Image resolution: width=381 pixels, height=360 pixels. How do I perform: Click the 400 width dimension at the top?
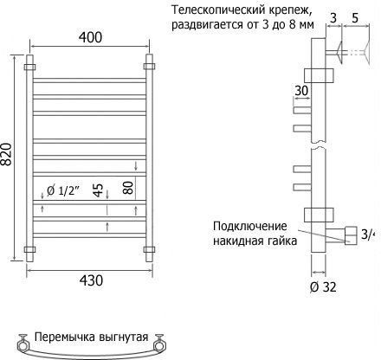[x=90, y=37]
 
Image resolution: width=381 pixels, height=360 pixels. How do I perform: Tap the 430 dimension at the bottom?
[x=91, y=280]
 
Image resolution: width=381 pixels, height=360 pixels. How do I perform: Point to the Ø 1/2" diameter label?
[x=63, y=191]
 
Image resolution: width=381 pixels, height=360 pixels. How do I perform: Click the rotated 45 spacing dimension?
[x=98, y=190]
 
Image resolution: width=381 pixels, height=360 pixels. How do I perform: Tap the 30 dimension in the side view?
[x=301, y=91]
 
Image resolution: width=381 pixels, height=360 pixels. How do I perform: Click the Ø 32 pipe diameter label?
[x=323, y=287]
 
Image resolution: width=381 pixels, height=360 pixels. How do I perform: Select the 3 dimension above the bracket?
[x=333, y=18]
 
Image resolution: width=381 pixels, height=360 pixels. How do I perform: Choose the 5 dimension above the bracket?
[x=355, y=18]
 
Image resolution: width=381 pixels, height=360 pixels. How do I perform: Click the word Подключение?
[x=250, y=227]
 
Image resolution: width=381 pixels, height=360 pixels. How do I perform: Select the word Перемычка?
[x=65, y=337]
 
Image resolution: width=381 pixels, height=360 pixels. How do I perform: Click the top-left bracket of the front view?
[x=29, y=67]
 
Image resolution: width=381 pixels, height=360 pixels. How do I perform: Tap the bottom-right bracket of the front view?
[x=149, y=249]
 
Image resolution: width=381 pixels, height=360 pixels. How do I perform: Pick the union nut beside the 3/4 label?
[x=351, y=236]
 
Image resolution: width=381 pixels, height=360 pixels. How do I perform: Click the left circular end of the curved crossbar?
[x=23, y=345]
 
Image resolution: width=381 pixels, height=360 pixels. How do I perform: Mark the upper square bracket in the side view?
[x=319, y=75]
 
